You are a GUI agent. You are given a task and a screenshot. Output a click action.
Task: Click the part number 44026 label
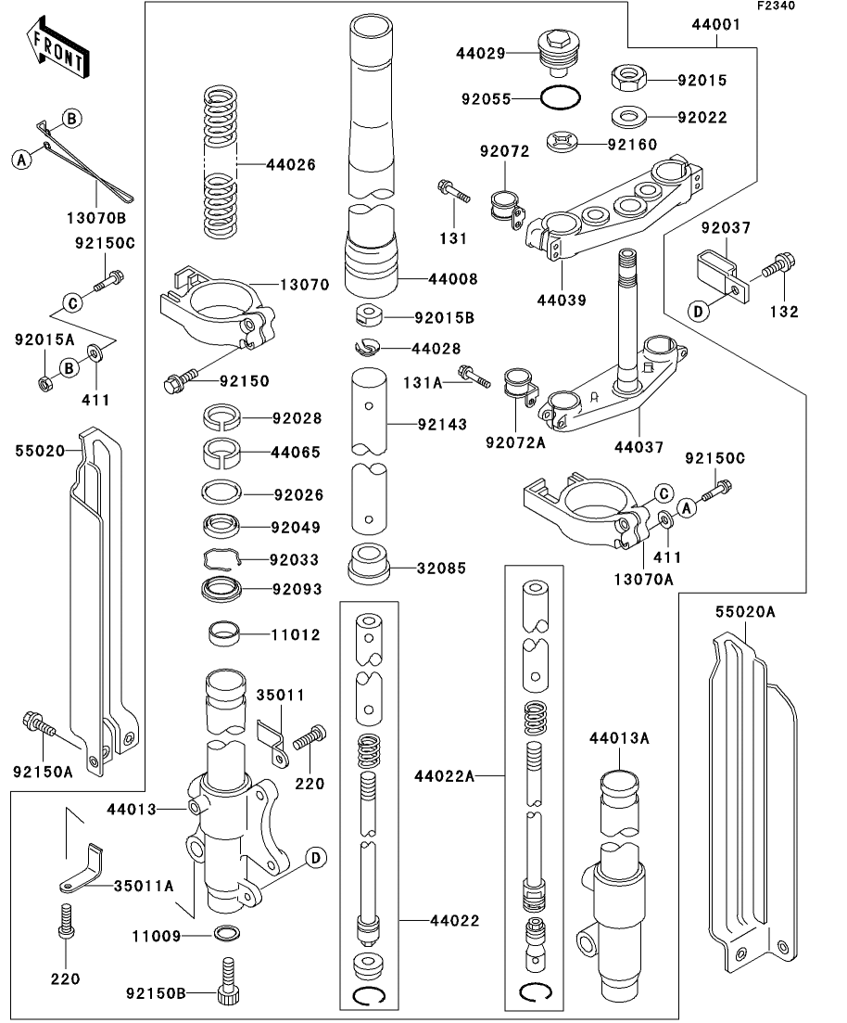pyautogui.click(x=290, y=165)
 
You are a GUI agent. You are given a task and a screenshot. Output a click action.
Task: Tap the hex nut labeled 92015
pyautogui.click(x=630, y=79)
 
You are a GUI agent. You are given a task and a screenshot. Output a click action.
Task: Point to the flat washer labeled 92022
pyautogui.click(x=630, y=118)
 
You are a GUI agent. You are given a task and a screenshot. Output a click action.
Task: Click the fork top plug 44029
pyautogui.click(x=555, y=54)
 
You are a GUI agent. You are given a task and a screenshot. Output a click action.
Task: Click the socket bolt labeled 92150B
pyautogui.click(x=229, y=985)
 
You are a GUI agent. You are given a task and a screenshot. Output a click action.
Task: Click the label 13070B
pyautogui.click(x=96, y=219)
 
